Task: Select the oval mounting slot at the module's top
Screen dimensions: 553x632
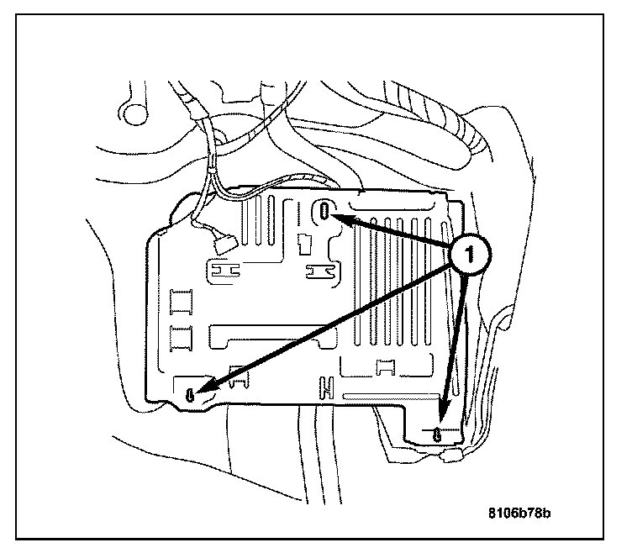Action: [x=325, y=210]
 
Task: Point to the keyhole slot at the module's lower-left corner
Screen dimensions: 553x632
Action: [x=192, y=393]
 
